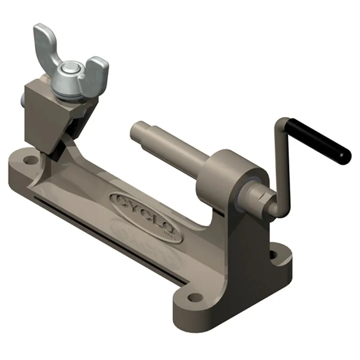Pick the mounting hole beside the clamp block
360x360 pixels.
30,158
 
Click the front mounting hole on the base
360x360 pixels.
194,297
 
